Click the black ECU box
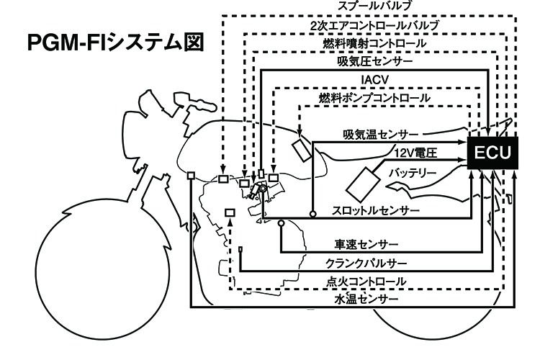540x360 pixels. tap(492, 153)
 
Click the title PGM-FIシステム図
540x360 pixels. tap(116, 42)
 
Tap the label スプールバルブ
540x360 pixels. tap(374, 6)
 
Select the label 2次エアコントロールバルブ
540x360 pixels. tap(374, 25)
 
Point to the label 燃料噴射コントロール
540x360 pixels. tap(374, 43)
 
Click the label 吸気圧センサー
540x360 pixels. tap(374, 61)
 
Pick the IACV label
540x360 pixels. tap(374, 80)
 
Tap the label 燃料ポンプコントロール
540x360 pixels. tap(374, 98)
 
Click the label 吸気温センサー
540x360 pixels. tap(381, 135)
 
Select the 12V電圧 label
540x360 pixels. tap(415, 153)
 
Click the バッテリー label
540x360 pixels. tap(413, 172)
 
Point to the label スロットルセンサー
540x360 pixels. tap(376, 210)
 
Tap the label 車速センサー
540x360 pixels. tap(366, 244)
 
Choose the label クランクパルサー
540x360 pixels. tap(366, 264)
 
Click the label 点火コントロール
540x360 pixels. tap(366, 282)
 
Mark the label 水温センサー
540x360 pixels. tap(366, 298)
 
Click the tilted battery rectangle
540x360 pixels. tap(363, 184)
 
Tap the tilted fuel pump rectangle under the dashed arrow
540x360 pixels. tap(302, 150)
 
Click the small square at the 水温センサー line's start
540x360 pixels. tap(191, 176)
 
